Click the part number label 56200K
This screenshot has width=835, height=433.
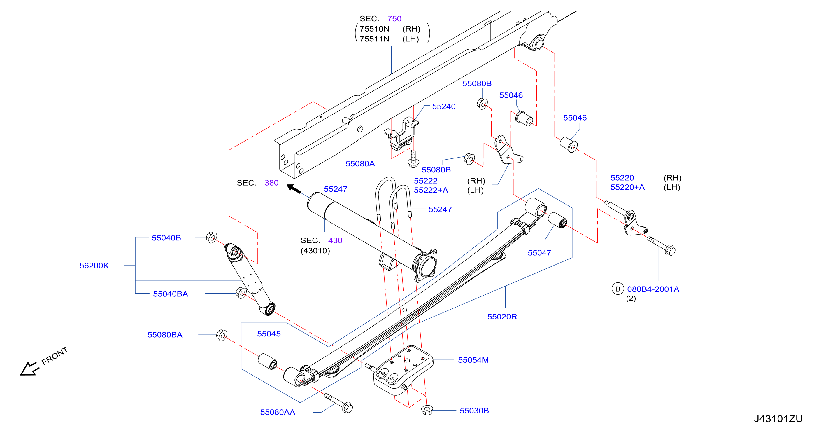(x=94, y=266)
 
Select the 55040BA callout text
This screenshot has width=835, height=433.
(x=171, y=294)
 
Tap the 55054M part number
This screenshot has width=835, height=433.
(x=473, y=360)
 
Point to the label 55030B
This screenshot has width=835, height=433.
(x=474, y=411)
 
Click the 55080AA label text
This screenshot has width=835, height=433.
(x=278, y=412)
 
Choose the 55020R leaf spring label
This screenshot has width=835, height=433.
(x=502, y=317)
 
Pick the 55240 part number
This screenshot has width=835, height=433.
(x=444, y=107)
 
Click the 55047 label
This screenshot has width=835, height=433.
(x=539, y=253)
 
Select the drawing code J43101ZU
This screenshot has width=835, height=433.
(x=778, y=419)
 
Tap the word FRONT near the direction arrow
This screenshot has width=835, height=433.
(x=55, y=355)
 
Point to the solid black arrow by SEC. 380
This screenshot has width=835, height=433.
(x=294, y=189)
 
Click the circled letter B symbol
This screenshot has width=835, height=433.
(x=618, y=289)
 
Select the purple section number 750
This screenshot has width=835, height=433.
(x=394, y=19)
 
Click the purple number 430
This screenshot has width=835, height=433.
(x=335, y=241)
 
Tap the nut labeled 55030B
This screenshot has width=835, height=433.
(x=427, y=410)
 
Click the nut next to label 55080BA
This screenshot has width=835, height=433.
(x=222, y=335)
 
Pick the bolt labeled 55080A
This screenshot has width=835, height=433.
(x=413, y=159)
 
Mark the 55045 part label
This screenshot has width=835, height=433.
(x=269, y=334)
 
